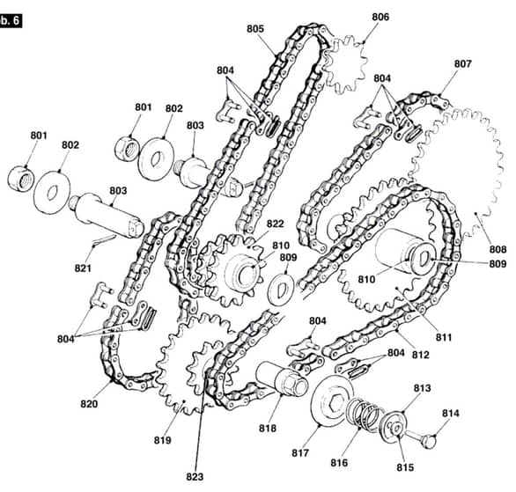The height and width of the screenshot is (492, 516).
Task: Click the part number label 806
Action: click(x=380, y=17)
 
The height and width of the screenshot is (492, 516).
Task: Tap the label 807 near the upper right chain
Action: click(x=462, y=63)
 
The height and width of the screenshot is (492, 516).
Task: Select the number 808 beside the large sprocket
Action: click(x=498, y=249)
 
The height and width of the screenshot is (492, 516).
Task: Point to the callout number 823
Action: click(x=195, y=476)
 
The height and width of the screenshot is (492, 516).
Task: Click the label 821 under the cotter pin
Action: click(x=83, y=268)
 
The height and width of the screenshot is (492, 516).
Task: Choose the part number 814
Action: click(x=450, y=413)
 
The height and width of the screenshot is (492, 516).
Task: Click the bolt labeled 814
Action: click(x=421, y=439)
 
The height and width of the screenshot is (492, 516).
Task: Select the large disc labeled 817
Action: click(x=332, y=401)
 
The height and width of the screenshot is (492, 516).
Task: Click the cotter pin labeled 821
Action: click(x=104, y=239)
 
